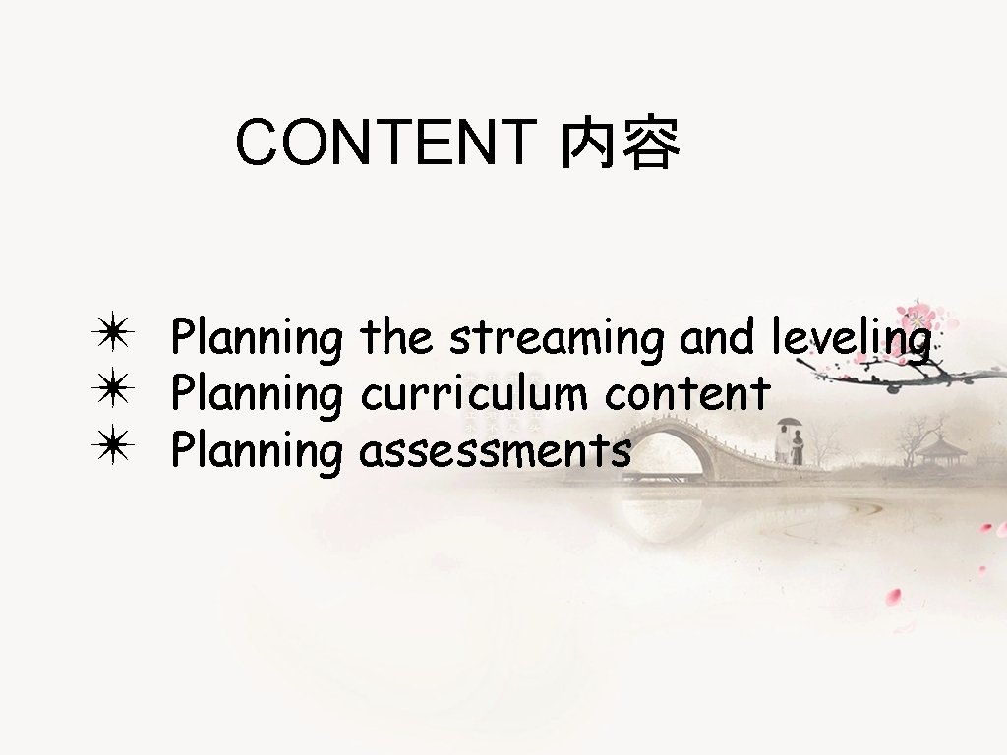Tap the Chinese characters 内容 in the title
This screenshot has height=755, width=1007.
point(620,145)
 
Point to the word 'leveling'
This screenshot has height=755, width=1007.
point(851,339)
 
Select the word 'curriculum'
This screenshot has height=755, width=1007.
point(475,394)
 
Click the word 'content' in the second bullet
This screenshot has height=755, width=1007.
point(686,394)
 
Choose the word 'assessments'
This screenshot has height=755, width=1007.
point(495,452)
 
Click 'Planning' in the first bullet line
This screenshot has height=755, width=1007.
point(257,339)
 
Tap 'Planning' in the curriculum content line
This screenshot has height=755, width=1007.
point(257,396)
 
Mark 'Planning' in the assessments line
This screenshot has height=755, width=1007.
point(257,453)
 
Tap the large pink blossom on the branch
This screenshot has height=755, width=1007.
point(919,319)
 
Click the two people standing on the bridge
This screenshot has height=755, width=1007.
point(790,446)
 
